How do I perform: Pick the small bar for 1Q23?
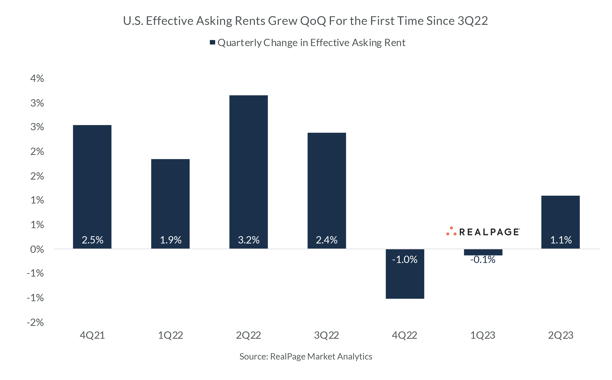pyautogui.click(x=483, y=252)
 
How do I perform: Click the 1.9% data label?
pyautogui.click(x=171, y=240)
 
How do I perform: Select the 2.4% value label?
pyautogui.click(x=326, y=240)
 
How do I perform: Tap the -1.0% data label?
pyautogui.click(x=405, y=259)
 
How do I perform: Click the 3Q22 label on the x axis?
pyautogui.click(x=326, y=335)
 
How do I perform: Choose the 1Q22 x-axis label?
pyautogui.click(x=170, y=335)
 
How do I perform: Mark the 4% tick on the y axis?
pyautogui.click(x=37, y=78)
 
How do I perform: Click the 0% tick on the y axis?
pyautogui.click(x=37, y=250)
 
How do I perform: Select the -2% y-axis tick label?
pyautogui.click(x=35, y=322)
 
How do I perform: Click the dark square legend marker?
pyautogui.click(x=213, y=42)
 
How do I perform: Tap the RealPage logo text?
pyautogui.click(x=489, y=232)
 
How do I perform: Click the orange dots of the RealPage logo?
pyautogui.click(x=451, y=231)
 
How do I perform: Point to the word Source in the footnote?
pyautogui.click(x=254, y=356)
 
